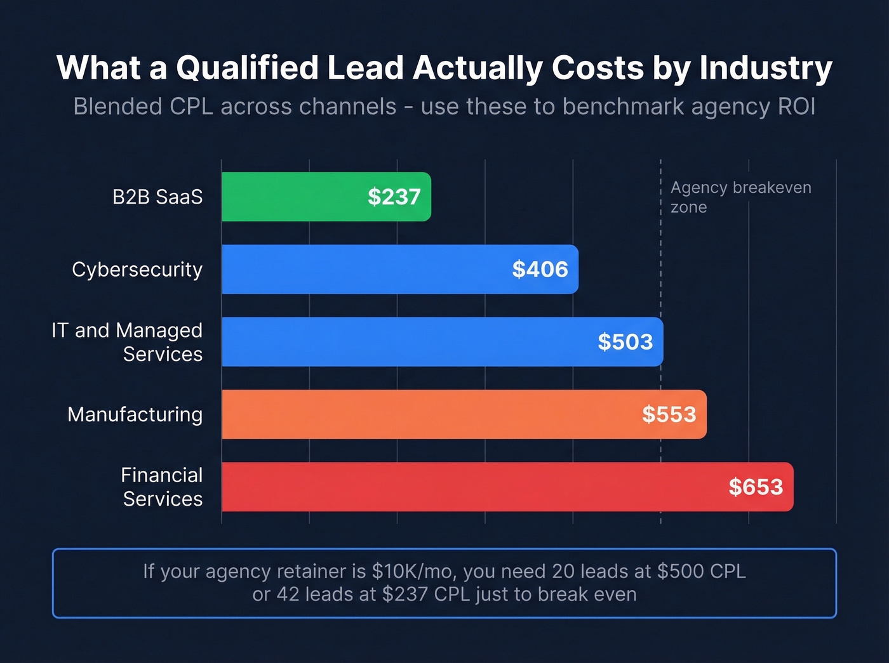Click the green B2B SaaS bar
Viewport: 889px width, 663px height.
click(x=292, y=197)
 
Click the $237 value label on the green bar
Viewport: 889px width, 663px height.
click(x=394, y=197)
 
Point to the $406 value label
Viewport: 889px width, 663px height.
click(x=540, y=269)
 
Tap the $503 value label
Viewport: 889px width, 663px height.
click(x=625, y=342)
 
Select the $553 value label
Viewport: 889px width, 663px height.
click(x=669, y=414)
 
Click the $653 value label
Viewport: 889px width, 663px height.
click(x=756, y=487)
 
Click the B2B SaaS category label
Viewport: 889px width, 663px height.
click(x=157, y=197)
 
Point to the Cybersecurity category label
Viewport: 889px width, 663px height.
click(x=137, y=270)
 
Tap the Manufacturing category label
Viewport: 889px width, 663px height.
click(x=135, y=414)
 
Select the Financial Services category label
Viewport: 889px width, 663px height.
click(x=162, y=487)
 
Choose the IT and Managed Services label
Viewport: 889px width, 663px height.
click(x=128, y=342)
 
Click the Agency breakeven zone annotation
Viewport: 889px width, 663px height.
click(x=740, y=197)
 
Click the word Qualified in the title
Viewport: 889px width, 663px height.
click(x=247, y=67)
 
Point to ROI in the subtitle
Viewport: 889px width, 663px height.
click(x=796, y=107)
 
